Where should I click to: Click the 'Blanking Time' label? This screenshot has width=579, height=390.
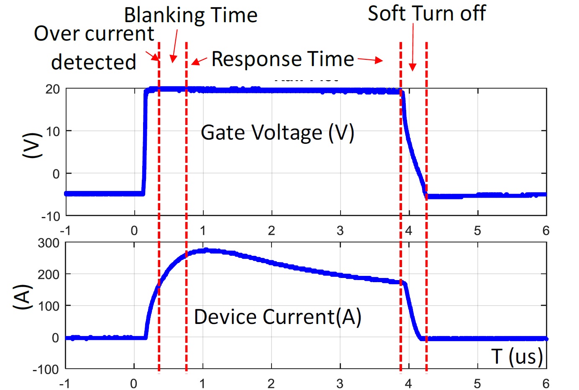191,15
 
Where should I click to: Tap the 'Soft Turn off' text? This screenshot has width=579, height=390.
427,13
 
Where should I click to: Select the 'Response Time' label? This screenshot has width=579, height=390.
283,59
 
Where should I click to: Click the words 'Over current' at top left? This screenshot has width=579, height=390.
94,33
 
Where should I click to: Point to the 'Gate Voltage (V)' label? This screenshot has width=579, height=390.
277,133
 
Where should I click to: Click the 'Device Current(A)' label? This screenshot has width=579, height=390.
277,316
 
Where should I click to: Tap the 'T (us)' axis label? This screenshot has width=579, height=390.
517,357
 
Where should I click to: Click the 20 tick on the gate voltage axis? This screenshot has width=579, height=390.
53,89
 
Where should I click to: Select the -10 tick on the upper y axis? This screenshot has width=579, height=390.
51,217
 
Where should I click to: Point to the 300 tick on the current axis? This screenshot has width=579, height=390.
49,243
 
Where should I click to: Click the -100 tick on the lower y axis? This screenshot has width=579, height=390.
46,370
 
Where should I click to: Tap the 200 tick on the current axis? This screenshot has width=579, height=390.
49,275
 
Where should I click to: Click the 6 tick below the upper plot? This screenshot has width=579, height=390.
546,230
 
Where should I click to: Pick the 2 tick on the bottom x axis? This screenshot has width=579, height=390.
271,383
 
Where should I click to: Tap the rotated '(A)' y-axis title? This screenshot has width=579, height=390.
23,297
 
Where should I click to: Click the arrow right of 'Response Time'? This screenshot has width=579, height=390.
370,60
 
